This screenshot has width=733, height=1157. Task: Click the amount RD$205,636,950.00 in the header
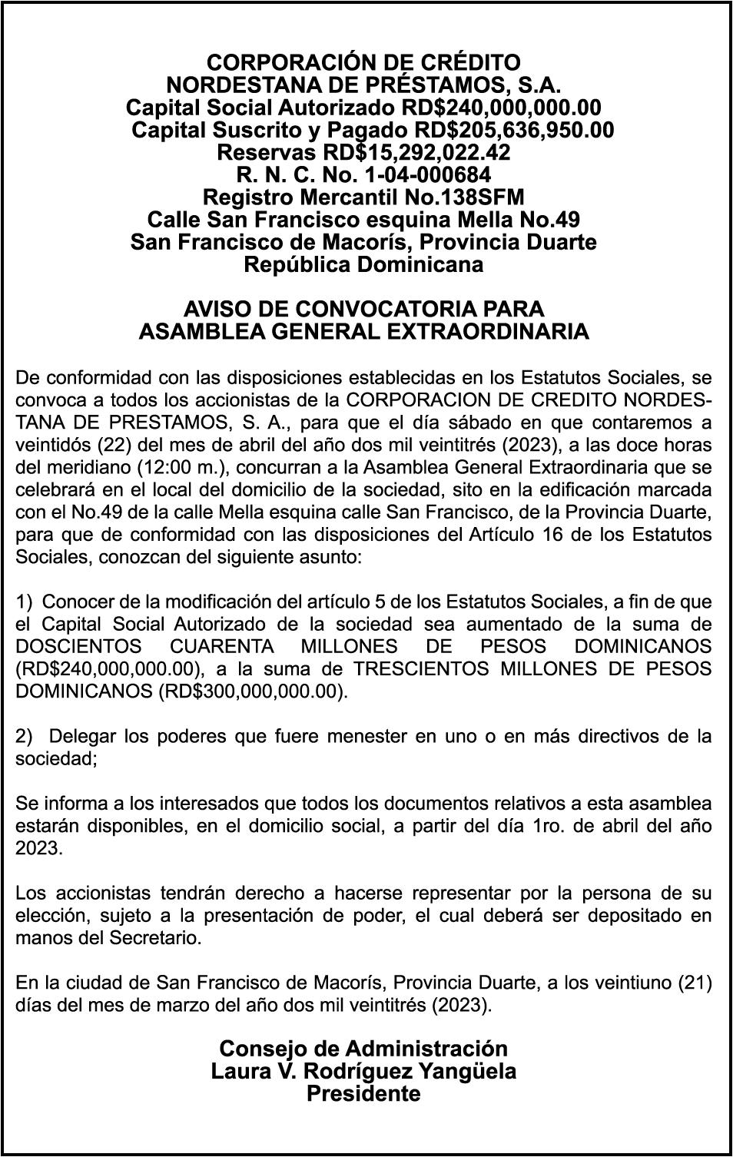(x=514, y=130)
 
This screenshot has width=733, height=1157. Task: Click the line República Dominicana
(x=363, y=264)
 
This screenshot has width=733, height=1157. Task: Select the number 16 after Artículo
(x=582, y=534)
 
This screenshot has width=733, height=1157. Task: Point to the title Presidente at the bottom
(x=363, y=1094)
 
